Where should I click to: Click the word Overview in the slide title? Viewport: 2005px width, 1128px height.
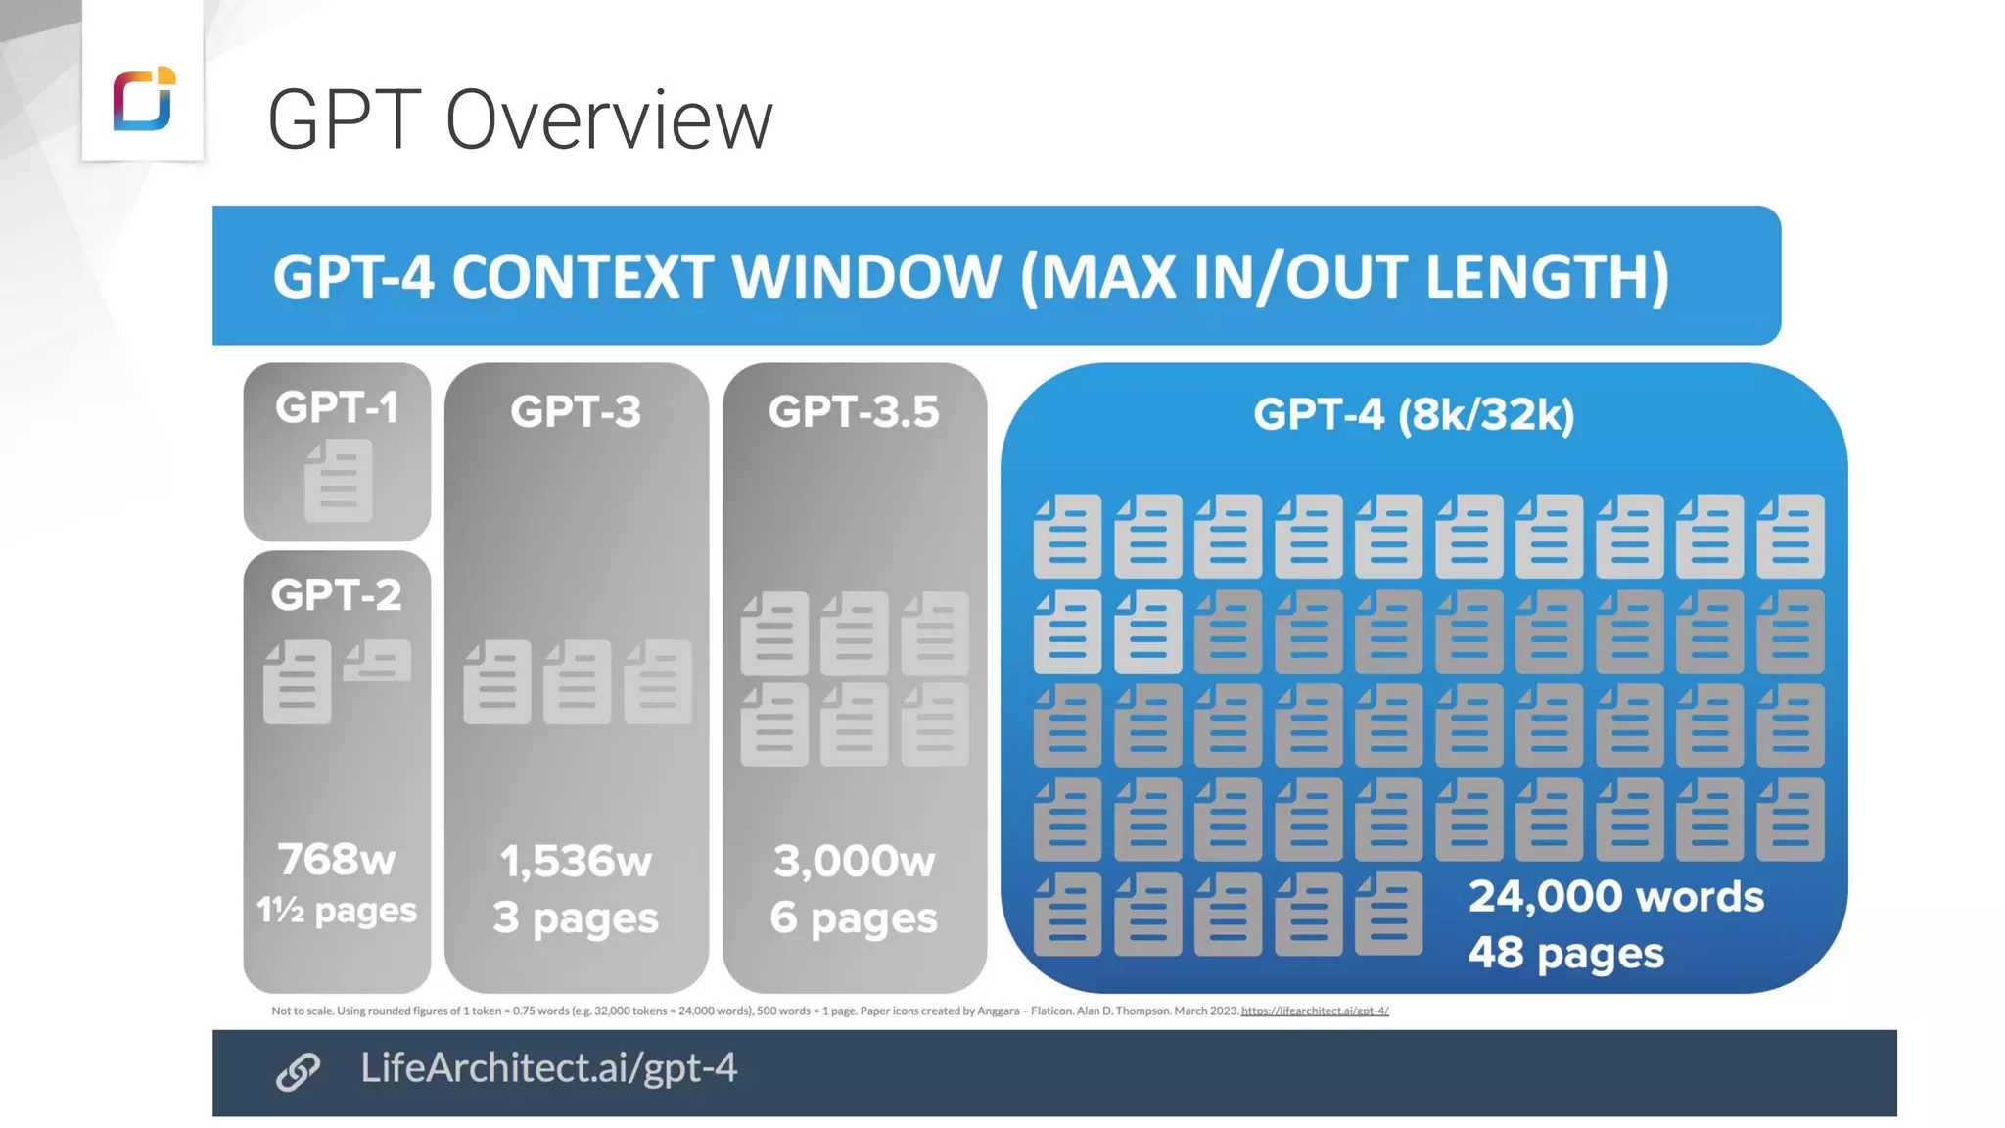(608, 120)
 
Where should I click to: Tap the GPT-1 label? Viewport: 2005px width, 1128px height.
(337, 407)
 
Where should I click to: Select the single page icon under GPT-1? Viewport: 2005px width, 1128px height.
(338, 480)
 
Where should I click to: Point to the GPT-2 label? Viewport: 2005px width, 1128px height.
(336, 594)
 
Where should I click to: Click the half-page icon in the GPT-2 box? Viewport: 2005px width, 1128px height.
(377, 660)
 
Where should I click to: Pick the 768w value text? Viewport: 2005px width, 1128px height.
(337, 859)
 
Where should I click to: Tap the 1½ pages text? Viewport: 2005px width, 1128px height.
(337, 911)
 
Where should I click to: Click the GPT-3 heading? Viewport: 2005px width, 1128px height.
(576, 411)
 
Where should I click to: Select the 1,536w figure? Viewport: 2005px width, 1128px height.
(576, 861)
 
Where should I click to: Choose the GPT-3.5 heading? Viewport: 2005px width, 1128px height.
(854, 411)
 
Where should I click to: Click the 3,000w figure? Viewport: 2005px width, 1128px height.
(854, 861)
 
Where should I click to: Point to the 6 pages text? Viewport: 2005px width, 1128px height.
(854, 917)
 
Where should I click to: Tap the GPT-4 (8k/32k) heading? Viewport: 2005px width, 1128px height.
(1414, 415)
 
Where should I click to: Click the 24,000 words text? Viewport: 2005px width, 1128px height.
(1615, 896)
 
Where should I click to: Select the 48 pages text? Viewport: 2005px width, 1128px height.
(1565, 953)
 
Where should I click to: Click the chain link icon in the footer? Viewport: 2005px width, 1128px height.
(298, 1071)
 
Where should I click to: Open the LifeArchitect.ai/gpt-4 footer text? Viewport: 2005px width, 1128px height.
(548, 1067)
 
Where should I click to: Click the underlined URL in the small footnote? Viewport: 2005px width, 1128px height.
(1315, 1010)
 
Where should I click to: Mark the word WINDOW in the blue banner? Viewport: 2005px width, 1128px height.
(866, 277)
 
